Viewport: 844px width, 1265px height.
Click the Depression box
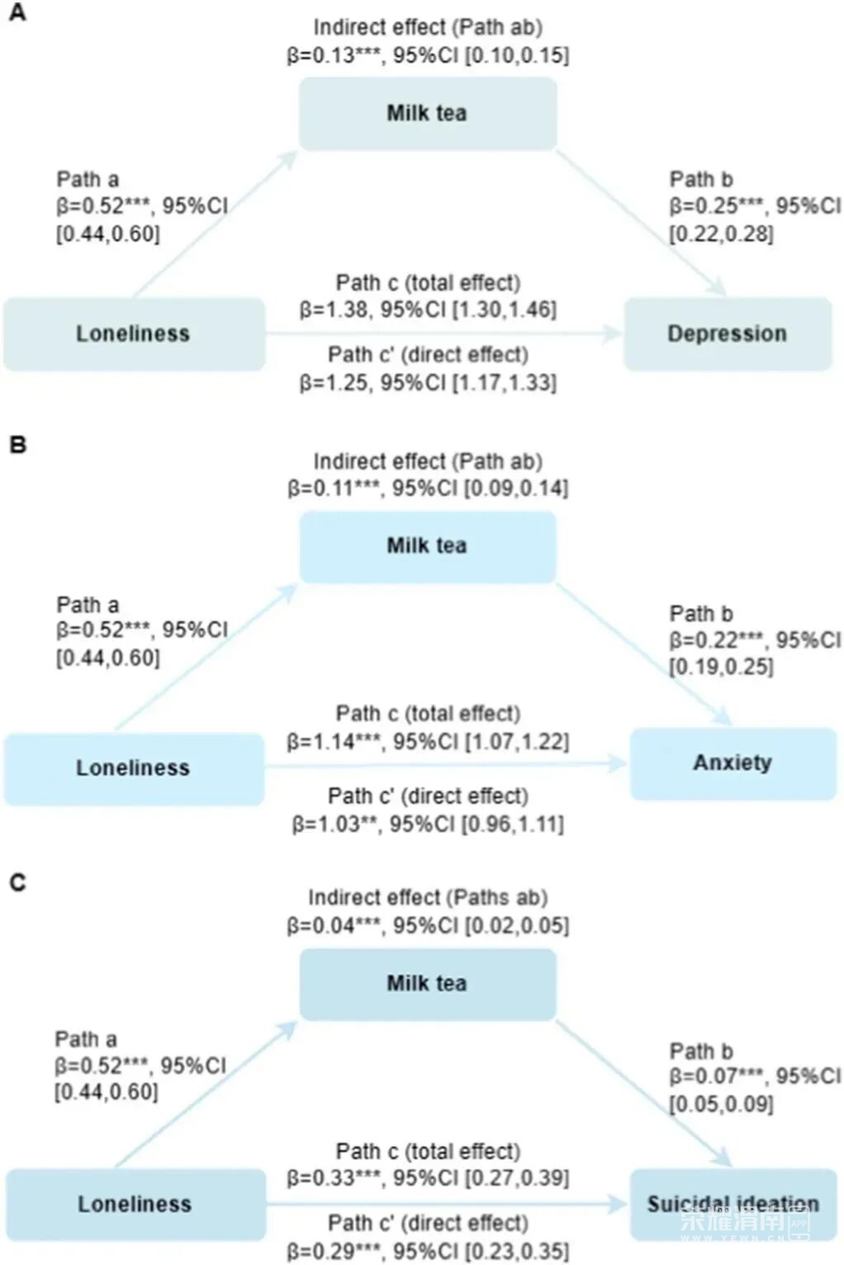point(728,334)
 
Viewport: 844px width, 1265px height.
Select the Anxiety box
point(733,763)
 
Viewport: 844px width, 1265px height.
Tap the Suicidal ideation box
point(733,1205)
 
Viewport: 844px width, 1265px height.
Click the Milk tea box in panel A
point(427,113)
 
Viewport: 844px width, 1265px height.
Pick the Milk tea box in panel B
point(427,547)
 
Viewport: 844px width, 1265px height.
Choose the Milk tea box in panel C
point(427,984)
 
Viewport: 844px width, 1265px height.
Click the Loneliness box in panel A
point(134,334)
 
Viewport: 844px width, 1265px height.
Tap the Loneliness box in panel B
point(134,768)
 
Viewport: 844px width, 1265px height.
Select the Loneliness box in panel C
point(135,1205)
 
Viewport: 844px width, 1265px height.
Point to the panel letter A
point(18,12)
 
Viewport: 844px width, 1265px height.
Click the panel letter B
point(18,445)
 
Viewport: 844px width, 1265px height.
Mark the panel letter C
point(18,882)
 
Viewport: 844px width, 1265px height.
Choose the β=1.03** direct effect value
point(334,824)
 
